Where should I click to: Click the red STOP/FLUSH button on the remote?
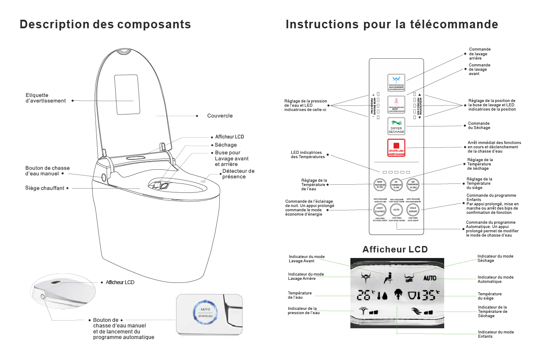396,148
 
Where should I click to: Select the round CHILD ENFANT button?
413,210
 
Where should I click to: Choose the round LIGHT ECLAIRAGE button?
380,210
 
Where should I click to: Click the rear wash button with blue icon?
396,81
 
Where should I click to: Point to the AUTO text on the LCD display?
430,278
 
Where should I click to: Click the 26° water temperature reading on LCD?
365,295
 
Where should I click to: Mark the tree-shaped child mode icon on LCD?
397,294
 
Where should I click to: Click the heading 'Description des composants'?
105,24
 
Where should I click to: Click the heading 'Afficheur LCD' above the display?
395,249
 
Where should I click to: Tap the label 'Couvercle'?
220,116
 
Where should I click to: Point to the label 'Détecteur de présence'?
238,174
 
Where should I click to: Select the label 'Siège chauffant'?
45,188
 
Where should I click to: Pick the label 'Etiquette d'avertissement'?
45,98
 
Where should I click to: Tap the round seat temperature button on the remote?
412,185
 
